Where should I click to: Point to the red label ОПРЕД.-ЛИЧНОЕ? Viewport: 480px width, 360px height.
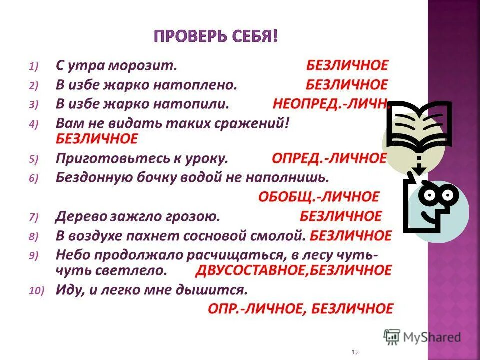(x=329, y=159)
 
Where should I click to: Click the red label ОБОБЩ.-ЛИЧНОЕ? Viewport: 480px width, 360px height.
(x=318, y=196)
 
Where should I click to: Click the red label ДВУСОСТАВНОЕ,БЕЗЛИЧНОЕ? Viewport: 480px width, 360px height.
(x=293, y=270)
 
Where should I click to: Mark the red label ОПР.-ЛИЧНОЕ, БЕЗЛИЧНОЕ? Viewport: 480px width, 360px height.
(x=300, y=309)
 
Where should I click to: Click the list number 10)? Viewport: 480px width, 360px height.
(x=36, y=291)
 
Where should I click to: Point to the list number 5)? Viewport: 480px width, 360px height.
(x=33, y=160)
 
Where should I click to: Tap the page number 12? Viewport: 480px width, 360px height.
(x=355, y=352)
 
